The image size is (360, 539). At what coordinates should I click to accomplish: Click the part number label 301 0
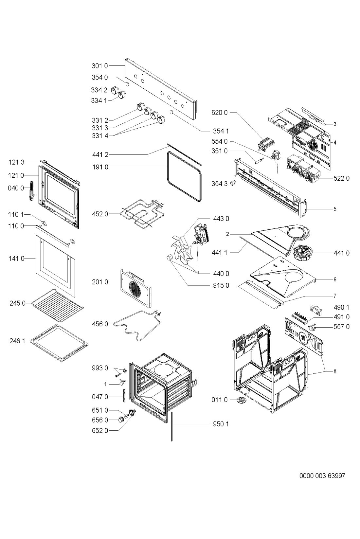pyautogui.click(x=99, y=66)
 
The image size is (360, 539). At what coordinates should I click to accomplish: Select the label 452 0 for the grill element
pyautogui.click(x=99, y=214)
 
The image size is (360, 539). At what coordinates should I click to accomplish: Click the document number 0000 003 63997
pyautogui.click(x=322, y=476)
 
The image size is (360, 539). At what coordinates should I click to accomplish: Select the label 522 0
pyautogui.click(x=341, y=178)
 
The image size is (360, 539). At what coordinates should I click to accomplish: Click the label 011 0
pyautogui.click(x=219, y=400)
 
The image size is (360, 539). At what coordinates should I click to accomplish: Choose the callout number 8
pyautogui.click(x=335, y=371)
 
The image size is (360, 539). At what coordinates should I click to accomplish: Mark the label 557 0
pyautogui.click(x=341, y=326)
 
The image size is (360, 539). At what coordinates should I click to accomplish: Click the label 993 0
pyautogui.click(x=99, y=368)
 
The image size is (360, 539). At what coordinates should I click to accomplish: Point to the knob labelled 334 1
pyautogui.click(x=121, y=95)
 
